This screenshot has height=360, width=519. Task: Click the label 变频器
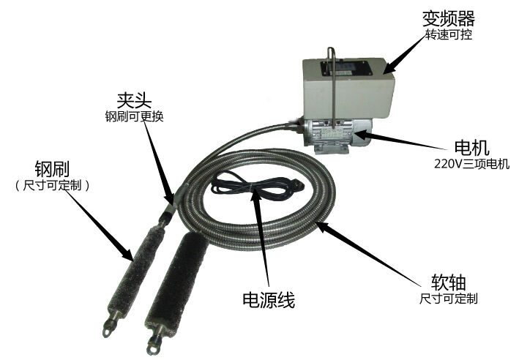tap(447, 18)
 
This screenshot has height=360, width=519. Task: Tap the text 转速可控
tap(448, 34)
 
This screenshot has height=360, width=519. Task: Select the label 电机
tap(449, 146)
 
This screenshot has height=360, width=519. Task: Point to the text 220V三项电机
tap(449, 163)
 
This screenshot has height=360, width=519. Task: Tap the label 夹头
tap(132, 100)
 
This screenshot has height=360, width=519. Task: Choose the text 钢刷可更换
tap(133, 116)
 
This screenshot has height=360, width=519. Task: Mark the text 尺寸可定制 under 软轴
tap(448, 299)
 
